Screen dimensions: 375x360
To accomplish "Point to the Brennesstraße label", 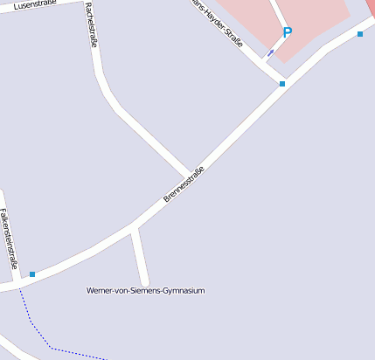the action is [x=184, y=184].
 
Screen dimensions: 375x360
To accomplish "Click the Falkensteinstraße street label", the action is [x=10, y=238].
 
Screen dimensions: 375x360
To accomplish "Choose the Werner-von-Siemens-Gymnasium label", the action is [x=145, y=290].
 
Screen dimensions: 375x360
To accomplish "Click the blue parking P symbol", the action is [x=287, y=32].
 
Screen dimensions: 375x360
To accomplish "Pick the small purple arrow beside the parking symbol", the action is [x=270, y=52].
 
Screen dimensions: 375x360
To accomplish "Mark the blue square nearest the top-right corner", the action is [x=360, y=34].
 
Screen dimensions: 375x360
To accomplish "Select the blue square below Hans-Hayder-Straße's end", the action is [x=281, y=84].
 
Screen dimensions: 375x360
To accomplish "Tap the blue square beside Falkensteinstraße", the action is [x=32, y=274].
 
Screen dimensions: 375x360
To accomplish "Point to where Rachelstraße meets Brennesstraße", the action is [x=189, y=174].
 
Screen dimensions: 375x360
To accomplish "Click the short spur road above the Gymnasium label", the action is [x=140, y=256].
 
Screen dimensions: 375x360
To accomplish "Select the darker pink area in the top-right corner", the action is [x=370, y=7].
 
